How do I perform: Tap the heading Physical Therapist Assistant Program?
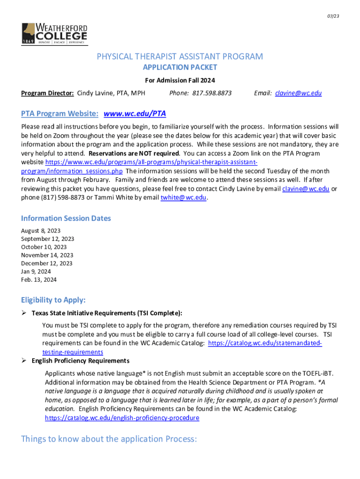[180, 57]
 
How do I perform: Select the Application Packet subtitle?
[180, 67]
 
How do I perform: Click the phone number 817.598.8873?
[213, 93]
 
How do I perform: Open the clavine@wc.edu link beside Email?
[298, 93]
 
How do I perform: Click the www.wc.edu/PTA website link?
[135, 114]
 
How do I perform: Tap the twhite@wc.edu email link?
[183, 197]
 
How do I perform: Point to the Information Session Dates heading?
[66, 218]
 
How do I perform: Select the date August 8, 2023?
[41, 231]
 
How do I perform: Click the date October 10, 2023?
[44, 247]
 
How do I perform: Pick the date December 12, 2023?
[47, 263]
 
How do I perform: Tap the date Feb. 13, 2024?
[39, 280]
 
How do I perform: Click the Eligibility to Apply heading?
[53, 300]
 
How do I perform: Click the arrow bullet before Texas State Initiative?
[24, 313]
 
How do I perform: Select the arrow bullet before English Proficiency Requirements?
[24, 361]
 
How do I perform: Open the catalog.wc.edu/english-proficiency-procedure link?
[122, 418]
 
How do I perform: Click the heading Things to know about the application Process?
[109, 439]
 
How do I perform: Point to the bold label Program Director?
[47, 93]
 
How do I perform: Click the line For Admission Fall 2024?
[180, 80]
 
